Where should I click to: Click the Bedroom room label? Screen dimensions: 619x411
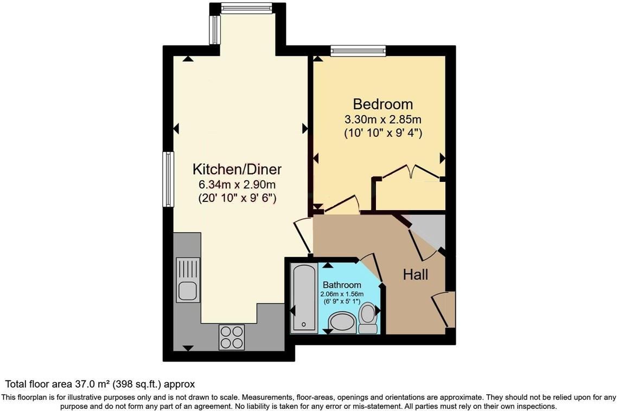[x=383, y=104]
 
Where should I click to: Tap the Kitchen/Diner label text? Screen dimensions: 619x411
[x=238, y=169]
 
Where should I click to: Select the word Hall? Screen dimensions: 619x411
[x=416, y=275]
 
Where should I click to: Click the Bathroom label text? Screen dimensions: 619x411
[x=342, y=285]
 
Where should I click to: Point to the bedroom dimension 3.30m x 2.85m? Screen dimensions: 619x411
[x=383, y=119]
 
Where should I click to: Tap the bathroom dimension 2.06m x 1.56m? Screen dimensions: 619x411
[x=342, y=294]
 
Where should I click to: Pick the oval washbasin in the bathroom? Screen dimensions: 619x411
[x=342, y=323]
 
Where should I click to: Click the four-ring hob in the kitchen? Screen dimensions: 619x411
[x=232, y=337]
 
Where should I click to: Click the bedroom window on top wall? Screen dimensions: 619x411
[x=358, y=52]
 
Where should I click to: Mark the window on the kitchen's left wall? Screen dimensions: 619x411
[x=169, y=179]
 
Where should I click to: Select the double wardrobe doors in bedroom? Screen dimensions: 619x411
[x=411, y=171]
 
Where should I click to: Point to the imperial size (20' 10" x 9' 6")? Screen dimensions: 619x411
[x=238, y=199]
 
